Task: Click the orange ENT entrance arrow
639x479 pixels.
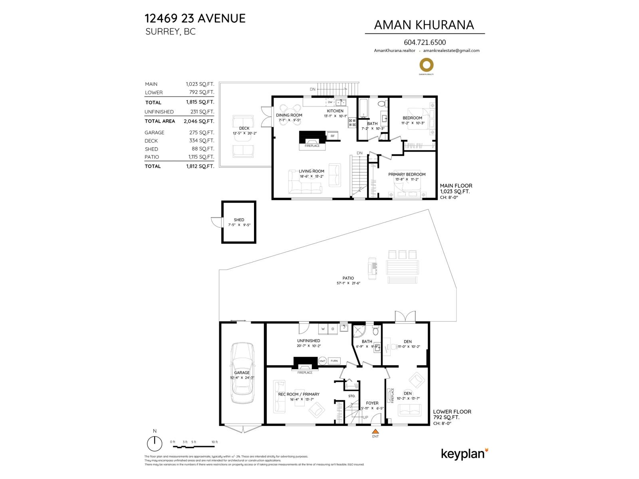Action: point(375,431)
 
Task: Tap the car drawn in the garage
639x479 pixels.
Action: point(242,373)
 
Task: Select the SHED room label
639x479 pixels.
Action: point(239,220)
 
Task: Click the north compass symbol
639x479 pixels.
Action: point(155,443)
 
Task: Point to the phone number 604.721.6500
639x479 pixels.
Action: point(425,42)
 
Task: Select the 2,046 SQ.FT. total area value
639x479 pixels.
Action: point(198,121)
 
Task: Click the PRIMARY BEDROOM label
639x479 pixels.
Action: point(407,174)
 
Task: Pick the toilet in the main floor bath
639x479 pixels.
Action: point(381,104)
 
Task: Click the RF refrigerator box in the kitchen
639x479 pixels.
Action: point(332,136)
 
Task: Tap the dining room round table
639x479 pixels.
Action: point(289,109)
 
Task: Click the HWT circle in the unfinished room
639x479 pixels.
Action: point(322,361)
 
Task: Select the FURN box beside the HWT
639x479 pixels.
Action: point(334,361)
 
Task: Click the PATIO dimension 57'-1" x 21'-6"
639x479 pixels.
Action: point(348,283)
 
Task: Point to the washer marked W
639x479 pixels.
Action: point(323,329)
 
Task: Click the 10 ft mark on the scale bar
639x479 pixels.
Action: point(214,442)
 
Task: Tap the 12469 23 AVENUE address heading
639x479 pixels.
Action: point(195,18)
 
